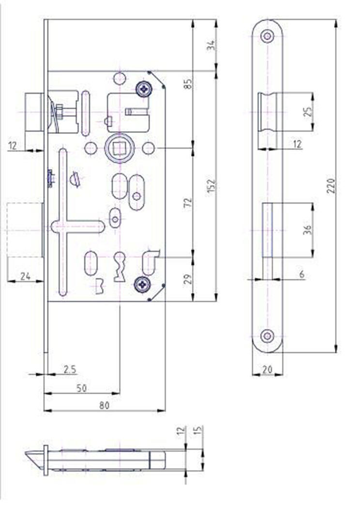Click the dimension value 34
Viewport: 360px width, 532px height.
click(211, 45)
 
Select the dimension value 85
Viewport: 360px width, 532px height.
click(188, 84)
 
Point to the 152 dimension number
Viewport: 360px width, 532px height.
click(211, 186)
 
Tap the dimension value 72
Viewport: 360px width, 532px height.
click(188, 203)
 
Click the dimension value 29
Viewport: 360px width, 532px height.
click(188, 279)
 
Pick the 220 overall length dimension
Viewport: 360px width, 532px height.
click(331, 186)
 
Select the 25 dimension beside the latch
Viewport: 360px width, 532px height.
click(307, 112)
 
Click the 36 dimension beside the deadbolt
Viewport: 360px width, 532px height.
click(307, 230)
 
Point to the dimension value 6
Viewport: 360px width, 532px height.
click(301, 274)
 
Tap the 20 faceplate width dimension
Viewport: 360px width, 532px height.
click(268, 369)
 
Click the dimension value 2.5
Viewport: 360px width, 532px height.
click(70, 369)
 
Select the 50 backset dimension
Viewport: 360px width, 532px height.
click(81, 388)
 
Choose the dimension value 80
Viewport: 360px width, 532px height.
click(104, 405)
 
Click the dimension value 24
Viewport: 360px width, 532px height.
click(26, 277)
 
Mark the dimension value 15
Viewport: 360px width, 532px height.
click(199, 430)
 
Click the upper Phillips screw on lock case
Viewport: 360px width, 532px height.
click(144, 89)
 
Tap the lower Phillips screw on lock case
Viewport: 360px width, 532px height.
click(142, 284)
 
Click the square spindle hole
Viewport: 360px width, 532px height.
click(119, 148)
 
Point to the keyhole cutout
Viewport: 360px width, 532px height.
click(119, 266)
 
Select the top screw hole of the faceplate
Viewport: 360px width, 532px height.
click(268, 36)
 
